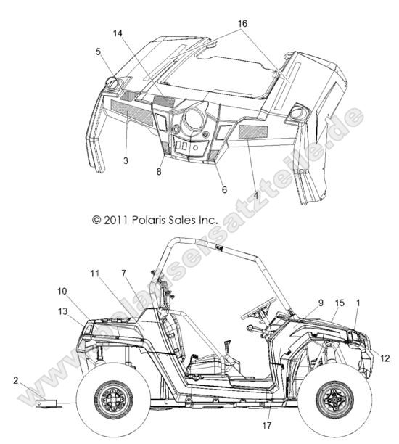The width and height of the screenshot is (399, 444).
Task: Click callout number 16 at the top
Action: (x=242, y=23)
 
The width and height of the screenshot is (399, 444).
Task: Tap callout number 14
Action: (x=118, y=33)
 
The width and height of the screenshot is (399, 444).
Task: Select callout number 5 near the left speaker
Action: (x=98, y=52)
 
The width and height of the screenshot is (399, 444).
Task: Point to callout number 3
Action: (x=126, y=160)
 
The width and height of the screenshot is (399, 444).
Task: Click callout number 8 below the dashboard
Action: (x=159, y=171)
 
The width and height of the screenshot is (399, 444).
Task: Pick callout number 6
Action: (x=224, y=189)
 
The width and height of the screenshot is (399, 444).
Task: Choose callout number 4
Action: (x=255, y=195)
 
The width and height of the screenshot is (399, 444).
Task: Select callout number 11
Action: (x=95, y=274)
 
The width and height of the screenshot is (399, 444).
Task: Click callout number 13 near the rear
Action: (x=63, y=311)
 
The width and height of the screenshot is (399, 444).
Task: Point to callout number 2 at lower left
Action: (x=16, y=380)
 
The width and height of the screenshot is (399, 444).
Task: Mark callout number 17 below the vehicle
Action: (x=266, y=425)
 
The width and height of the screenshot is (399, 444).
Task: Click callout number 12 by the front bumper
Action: (x=384, y=358)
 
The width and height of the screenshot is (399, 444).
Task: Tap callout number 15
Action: (x=340, y=303)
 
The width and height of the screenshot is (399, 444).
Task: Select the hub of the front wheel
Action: (x=335, y=399)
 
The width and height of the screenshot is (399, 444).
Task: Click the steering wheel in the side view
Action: (x=258, y=308)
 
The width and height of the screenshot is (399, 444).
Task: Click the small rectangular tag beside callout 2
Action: (x=46, y=403)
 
